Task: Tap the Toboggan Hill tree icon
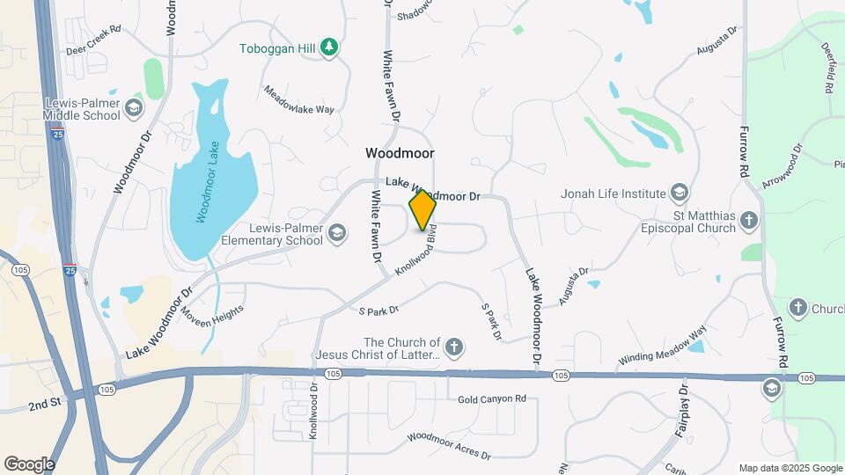coord(329,47)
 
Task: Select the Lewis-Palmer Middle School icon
coord(134,108)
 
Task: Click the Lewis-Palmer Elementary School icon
coord(337,233)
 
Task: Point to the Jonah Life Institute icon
coord(679,193)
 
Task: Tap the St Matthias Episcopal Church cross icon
coord(749,220)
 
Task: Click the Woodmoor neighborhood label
coord(400,153)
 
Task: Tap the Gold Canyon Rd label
coord(491,399)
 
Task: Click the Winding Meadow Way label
coord(663,346)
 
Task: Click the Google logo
coord(29,464)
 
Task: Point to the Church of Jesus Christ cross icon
coord(454,347)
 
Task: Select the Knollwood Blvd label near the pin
coord(417,253)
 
